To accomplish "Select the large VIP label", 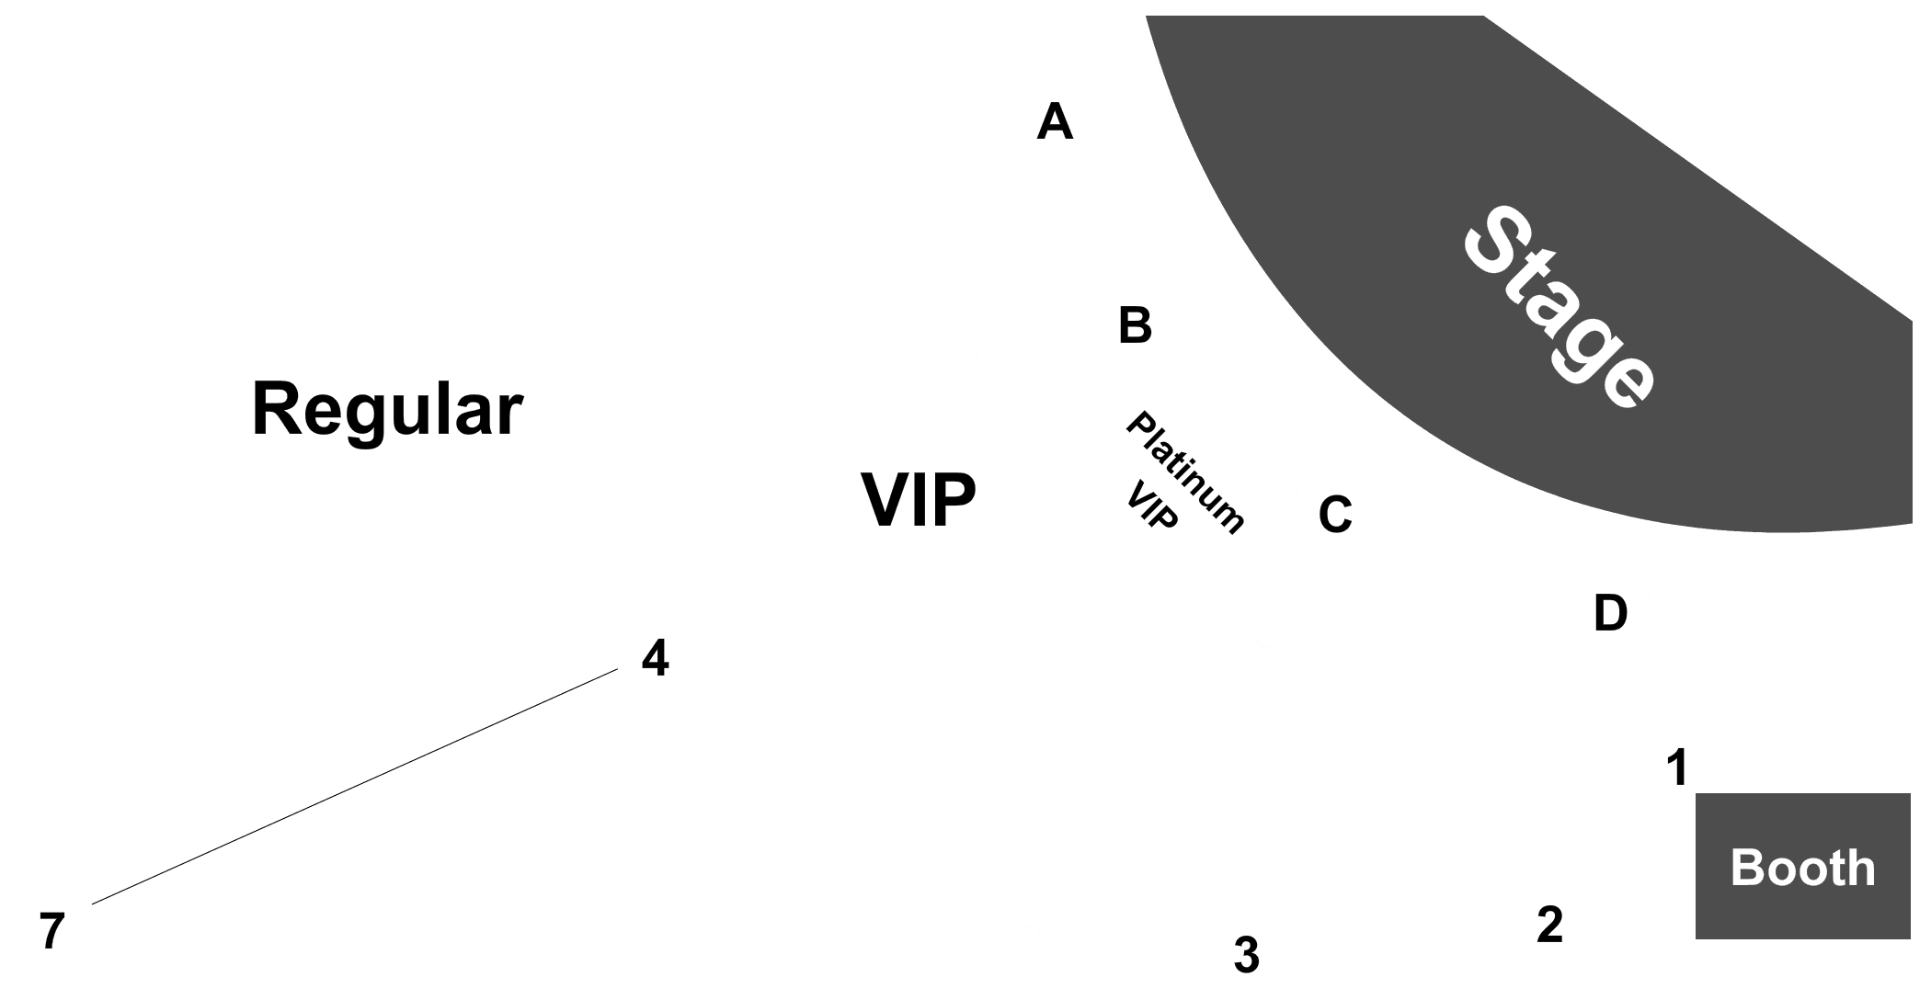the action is pos(919,501).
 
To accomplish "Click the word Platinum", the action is pos(1186,472).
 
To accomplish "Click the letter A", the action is pos(1055,121).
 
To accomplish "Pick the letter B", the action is pos(1135,325).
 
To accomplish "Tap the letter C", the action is pos(1335,515).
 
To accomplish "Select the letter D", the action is pos(1610,613).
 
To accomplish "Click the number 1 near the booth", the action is pos(1678,767).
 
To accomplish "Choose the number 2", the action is pos(1549,925).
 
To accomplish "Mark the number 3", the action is pos(1246,955).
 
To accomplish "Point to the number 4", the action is pos(655,658).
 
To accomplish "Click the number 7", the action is pos(52,931).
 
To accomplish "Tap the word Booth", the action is pos(1802,868).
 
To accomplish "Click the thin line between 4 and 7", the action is pos(355,787).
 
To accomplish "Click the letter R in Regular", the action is pos(277,410).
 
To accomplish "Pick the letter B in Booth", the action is pos(1746,868).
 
